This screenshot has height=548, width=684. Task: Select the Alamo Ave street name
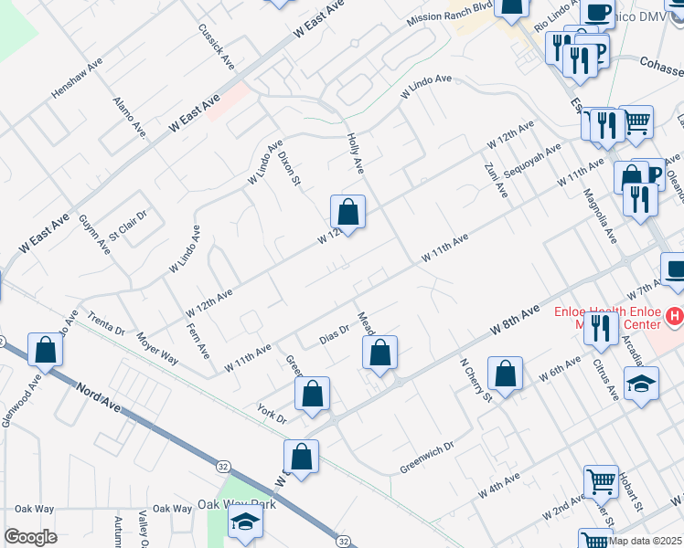129,115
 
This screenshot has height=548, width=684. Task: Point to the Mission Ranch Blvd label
450,16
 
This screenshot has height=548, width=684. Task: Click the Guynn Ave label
94,235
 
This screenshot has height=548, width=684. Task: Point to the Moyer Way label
156,348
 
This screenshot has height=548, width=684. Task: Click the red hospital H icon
675,316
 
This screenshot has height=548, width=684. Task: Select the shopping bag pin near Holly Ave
347,212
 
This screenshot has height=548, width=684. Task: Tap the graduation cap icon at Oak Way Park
244,522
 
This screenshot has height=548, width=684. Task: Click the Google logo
31,537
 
